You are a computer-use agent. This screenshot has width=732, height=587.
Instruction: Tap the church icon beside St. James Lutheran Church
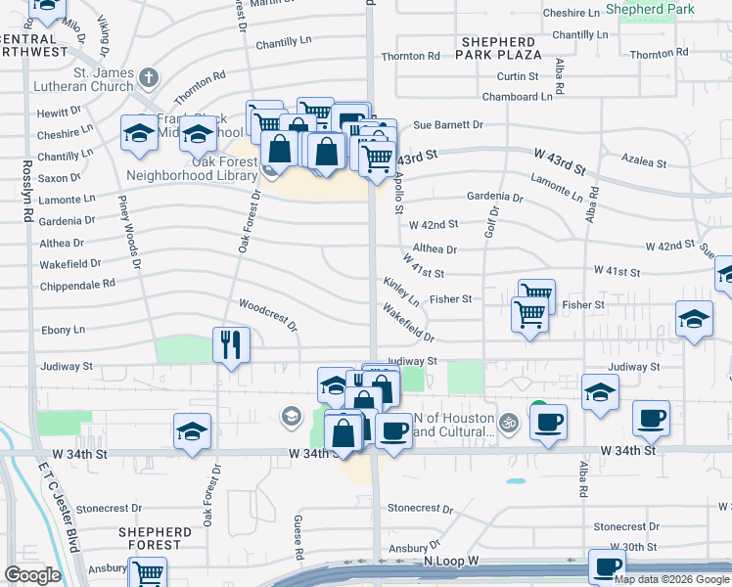[148, 76]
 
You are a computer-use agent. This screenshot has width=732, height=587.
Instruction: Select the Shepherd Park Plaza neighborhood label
[498, 48]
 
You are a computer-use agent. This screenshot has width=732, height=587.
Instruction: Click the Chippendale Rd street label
[77, 285]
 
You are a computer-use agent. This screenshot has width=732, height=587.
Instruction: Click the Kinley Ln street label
[401, 290]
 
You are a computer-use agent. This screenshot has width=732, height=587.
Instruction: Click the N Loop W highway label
[451, 562]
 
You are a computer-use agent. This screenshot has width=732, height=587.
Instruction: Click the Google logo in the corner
[32, 575]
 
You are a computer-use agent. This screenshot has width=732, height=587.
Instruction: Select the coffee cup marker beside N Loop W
[607, 566]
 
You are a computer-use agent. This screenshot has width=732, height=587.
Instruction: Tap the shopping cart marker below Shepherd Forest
[148, 572]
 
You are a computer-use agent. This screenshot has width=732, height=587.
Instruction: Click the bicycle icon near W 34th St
[507, 424]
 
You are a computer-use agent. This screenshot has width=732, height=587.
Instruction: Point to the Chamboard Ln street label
[518, 97]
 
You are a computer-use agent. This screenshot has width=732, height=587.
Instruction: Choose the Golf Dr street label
[492, 222]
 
